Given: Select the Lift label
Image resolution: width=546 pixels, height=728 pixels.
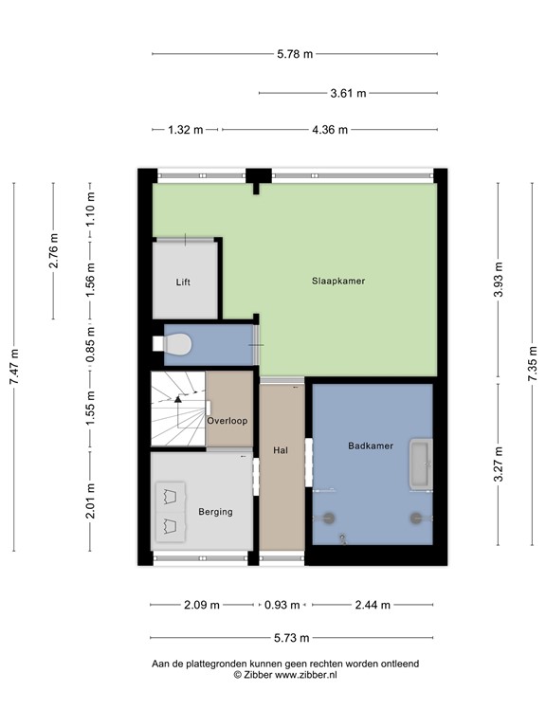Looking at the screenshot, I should pyautogui.click(x=184, y=282).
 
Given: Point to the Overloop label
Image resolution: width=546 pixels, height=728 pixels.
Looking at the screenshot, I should pyautogui.click(x=227, y=420).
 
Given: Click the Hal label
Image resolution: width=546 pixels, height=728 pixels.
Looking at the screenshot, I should pyautogui.click(x=281, y=450).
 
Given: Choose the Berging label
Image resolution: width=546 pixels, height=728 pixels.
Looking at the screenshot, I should pyautogui.click(x=215, y=512).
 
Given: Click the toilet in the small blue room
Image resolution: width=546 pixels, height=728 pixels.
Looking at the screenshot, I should pyautogui.click(x=178, y=344).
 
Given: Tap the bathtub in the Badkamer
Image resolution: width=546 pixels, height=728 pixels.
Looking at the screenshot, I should pyautogui.click(x=420, y=464).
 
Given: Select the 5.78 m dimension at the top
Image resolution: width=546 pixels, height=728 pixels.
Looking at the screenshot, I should pyautogui.click(x=295, y=54).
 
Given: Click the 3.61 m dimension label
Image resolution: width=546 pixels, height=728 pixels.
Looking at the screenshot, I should pyautogui.click(x=348, y=93).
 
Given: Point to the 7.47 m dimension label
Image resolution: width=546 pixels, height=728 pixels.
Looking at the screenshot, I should pyautogui.click(x=14, y=366).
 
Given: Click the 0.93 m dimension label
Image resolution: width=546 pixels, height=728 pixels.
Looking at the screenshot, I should pyautogui.click(x=282, y=605).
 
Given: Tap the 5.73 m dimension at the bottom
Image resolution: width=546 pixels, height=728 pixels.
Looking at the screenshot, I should pyautogui.click(x=295, y=638).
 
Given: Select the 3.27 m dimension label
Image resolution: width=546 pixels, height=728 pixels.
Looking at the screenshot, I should pyautogui.click(x=499, y=464).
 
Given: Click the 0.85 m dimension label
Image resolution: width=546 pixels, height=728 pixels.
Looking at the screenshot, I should pyautogui.click(x=91, y=345).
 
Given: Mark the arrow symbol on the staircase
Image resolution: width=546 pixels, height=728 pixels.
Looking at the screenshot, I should pyautogui.click(x=177, y=402).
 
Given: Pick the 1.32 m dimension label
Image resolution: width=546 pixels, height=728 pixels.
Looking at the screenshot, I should pyautogui.click(x=185, y=130).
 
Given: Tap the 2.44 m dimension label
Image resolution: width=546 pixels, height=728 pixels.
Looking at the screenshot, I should pyautogui.click(x=373, y=605).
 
